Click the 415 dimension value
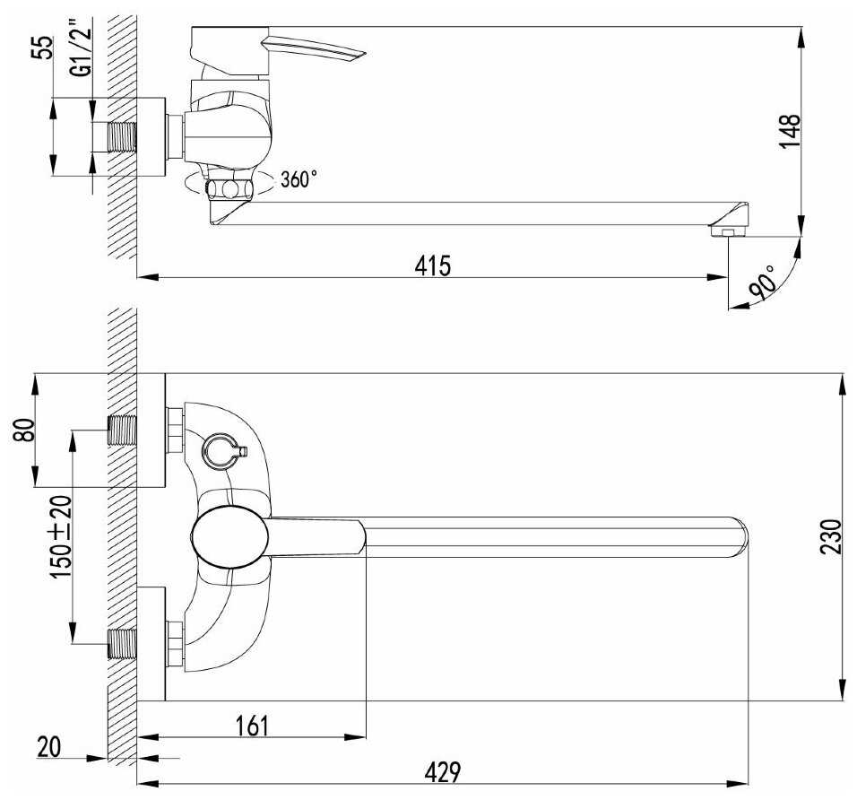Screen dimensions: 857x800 tap(433, 265)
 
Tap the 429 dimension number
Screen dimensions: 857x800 tap(443, 772)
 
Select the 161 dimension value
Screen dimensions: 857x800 tap(252, 726)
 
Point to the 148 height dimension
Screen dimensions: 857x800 tap(789, 131)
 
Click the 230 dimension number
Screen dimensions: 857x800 tap(831, 537)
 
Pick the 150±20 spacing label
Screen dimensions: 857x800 tap(60, 537)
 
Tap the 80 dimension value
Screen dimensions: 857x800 tap(24, 430)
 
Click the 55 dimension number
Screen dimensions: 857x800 tap(43, 47)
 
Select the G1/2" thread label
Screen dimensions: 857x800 tap(81, 48)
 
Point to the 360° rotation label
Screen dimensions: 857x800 tap(299, 178)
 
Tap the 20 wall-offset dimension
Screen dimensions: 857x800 tap(48, 747)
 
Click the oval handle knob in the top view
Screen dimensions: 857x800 tap(229, 537)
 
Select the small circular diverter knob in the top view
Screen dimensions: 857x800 tap(221, 452)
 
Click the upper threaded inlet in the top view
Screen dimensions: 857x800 tap(122, 430)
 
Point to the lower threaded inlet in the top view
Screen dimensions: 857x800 tap(122, 644)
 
